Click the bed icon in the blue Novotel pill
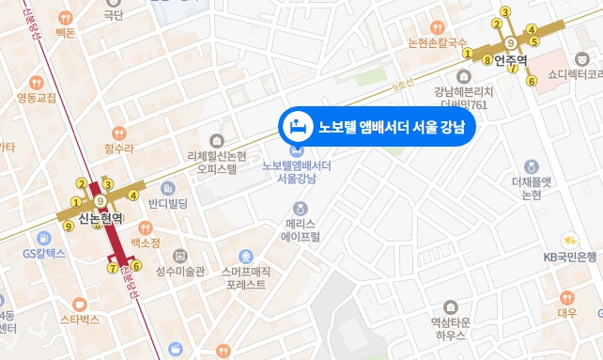point(298,125)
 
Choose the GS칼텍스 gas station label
point(43,253)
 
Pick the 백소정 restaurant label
point(146,243)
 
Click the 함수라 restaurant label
point(119,149)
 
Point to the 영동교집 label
point(37,97)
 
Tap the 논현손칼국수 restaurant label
point(437,43)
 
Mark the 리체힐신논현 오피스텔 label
point(217,163)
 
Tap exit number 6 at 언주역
point(532,81)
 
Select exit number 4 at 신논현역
point(133,196)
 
